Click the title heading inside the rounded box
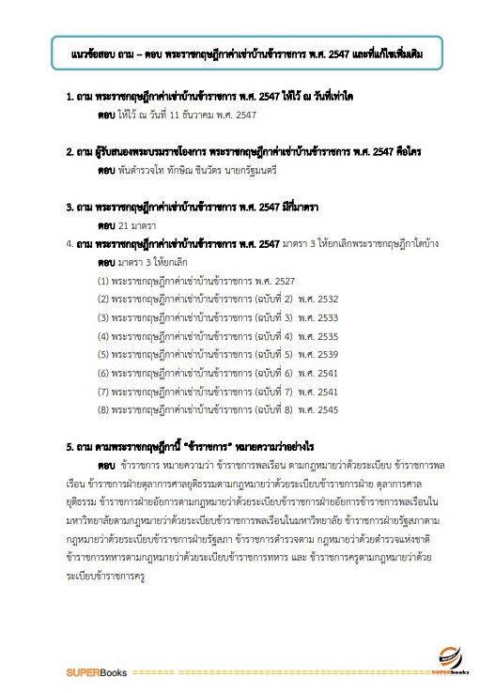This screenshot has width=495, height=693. pyautogui.click(x=247, y=56)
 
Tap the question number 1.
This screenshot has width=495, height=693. pyautogui.click(x=70, y=98)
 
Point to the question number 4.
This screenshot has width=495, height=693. pyautogui.click(x=70, y=243)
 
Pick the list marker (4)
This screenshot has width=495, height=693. pyautogui.click(x=103, y=335)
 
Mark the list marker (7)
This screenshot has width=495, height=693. pyautogui.click(x=103, y=391)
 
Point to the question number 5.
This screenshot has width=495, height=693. pyautogui.click(x=70, y=445)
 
